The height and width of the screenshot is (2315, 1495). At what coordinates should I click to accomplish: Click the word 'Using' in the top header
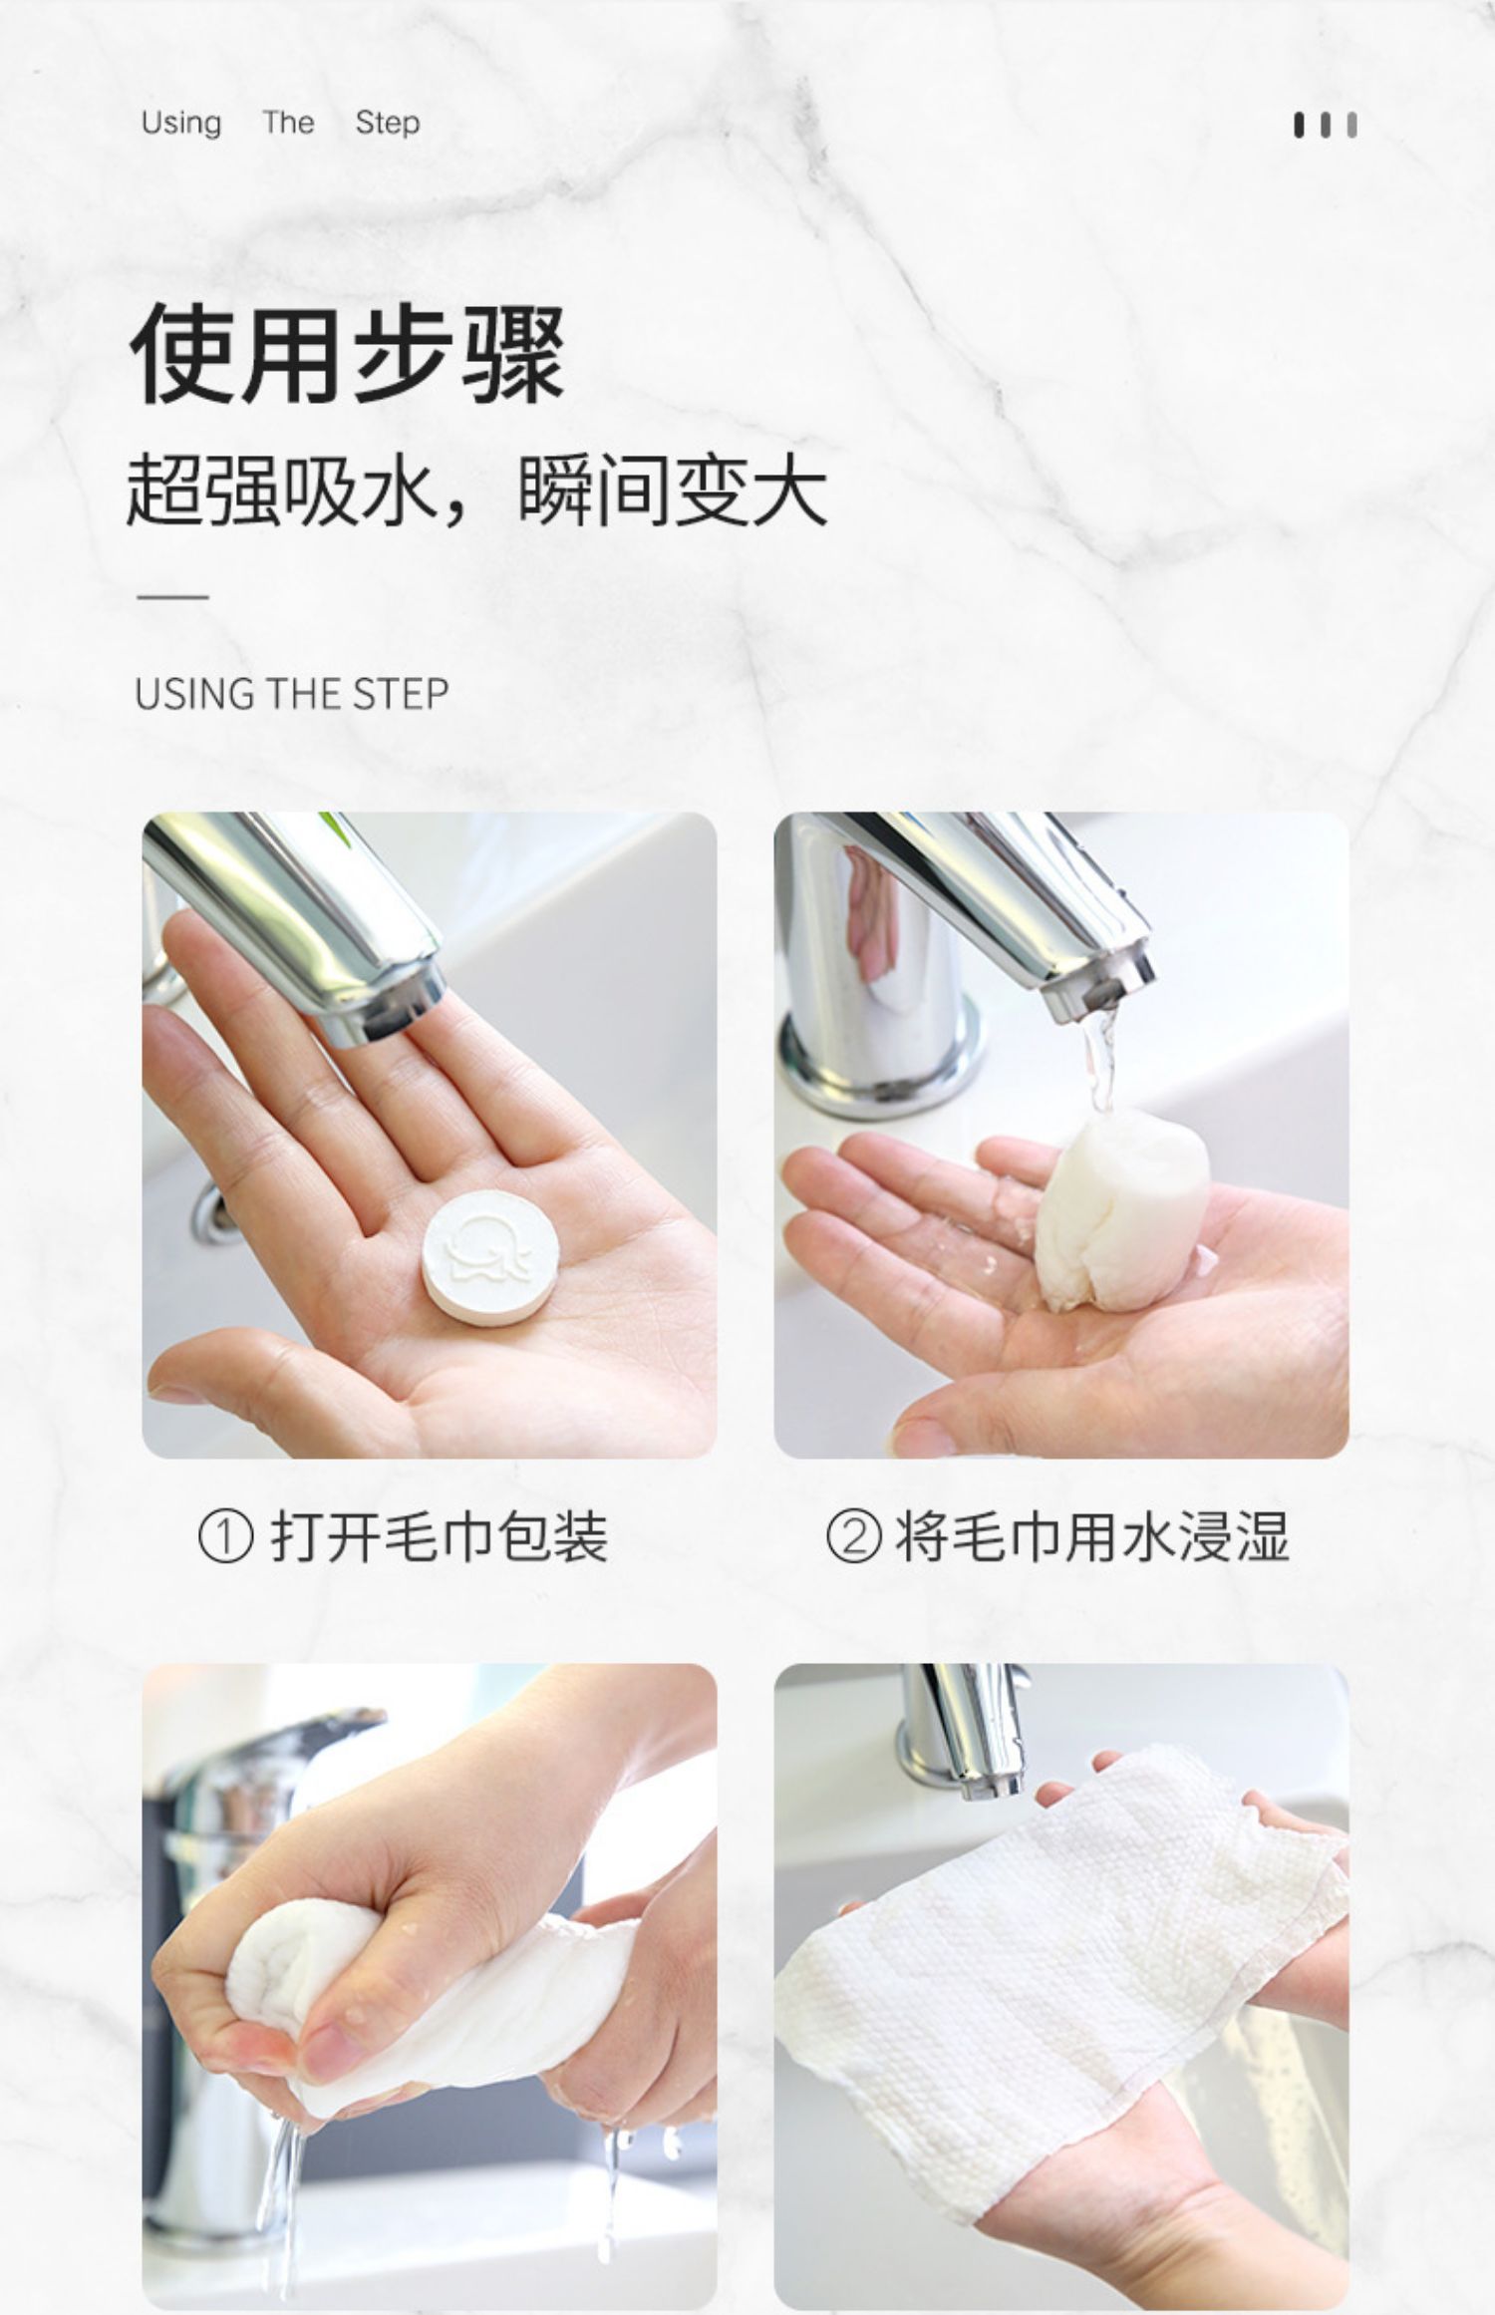tap(180, 124)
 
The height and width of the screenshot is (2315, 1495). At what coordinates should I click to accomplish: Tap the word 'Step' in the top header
tap(388, 124)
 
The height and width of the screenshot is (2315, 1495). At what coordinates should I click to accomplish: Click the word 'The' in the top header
tap(288, 123)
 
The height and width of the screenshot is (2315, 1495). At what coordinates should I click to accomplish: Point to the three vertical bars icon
tap(1326, 126)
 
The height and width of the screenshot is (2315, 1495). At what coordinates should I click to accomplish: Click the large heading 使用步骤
tap(348, 354)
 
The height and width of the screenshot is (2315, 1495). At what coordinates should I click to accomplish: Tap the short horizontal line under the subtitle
tap(172, 597)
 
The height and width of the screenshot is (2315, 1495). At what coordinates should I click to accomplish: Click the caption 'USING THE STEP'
tap(292, 694)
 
